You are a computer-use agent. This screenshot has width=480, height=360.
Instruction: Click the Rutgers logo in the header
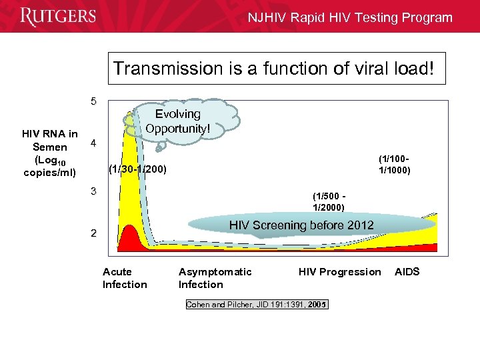coord(58,17)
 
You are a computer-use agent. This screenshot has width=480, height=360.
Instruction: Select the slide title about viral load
coord(278,69)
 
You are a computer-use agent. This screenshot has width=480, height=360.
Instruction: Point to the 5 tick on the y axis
coord(94,102)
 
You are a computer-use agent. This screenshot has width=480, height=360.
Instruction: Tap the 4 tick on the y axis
coord(94,143)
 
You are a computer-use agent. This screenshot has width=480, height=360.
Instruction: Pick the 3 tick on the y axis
coord(94,191)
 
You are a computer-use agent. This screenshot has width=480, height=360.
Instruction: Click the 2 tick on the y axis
coord(94,233)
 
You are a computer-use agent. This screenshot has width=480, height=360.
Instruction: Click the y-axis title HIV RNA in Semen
coord(50,154)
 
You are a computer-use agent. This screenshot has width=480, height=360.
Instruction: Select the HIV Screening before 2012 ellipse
coord(301,225)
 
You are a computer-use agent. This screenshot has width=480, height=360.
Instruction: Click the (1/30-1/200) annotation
coord(137,169)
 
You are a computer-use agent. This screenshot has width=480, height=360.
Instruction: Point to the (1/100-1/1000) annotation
coord(395,164)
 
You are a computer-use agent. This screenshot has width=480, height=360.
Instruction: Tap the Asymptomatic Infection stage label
coord(215,278)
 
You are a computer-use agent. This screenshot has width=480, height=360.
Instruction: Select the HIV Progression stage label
coord(339,271)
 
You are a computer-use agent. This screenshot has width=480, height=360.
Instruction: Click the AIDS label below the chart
coord(407,271)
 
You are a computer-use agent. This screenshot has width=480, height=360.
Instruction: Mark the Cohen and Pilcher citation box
coord(257,305)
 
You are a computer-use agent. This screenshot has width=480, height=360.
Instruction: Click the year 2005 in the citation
coord(317,305)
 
